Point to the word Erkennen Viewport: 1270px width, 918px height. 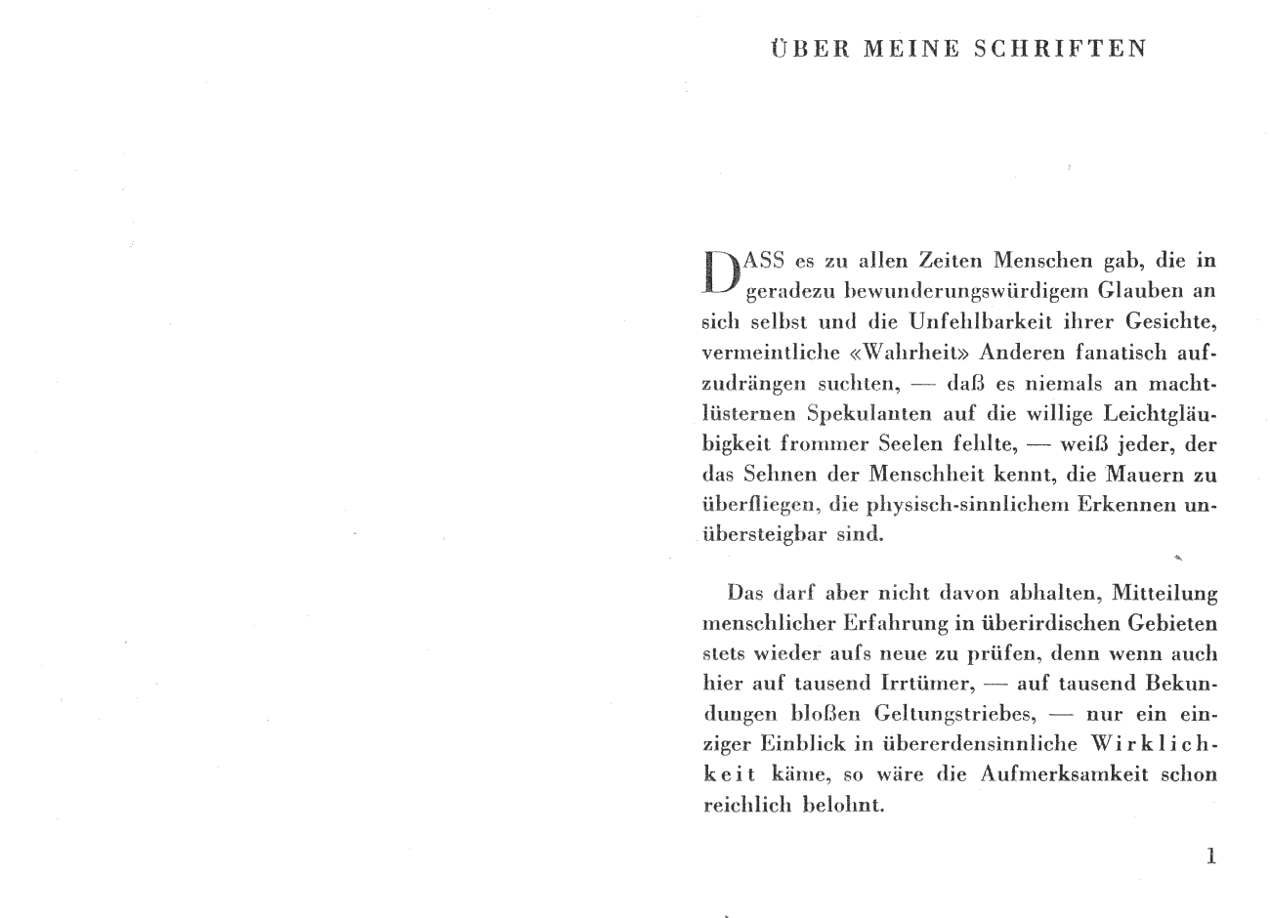coord(1122,506)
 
